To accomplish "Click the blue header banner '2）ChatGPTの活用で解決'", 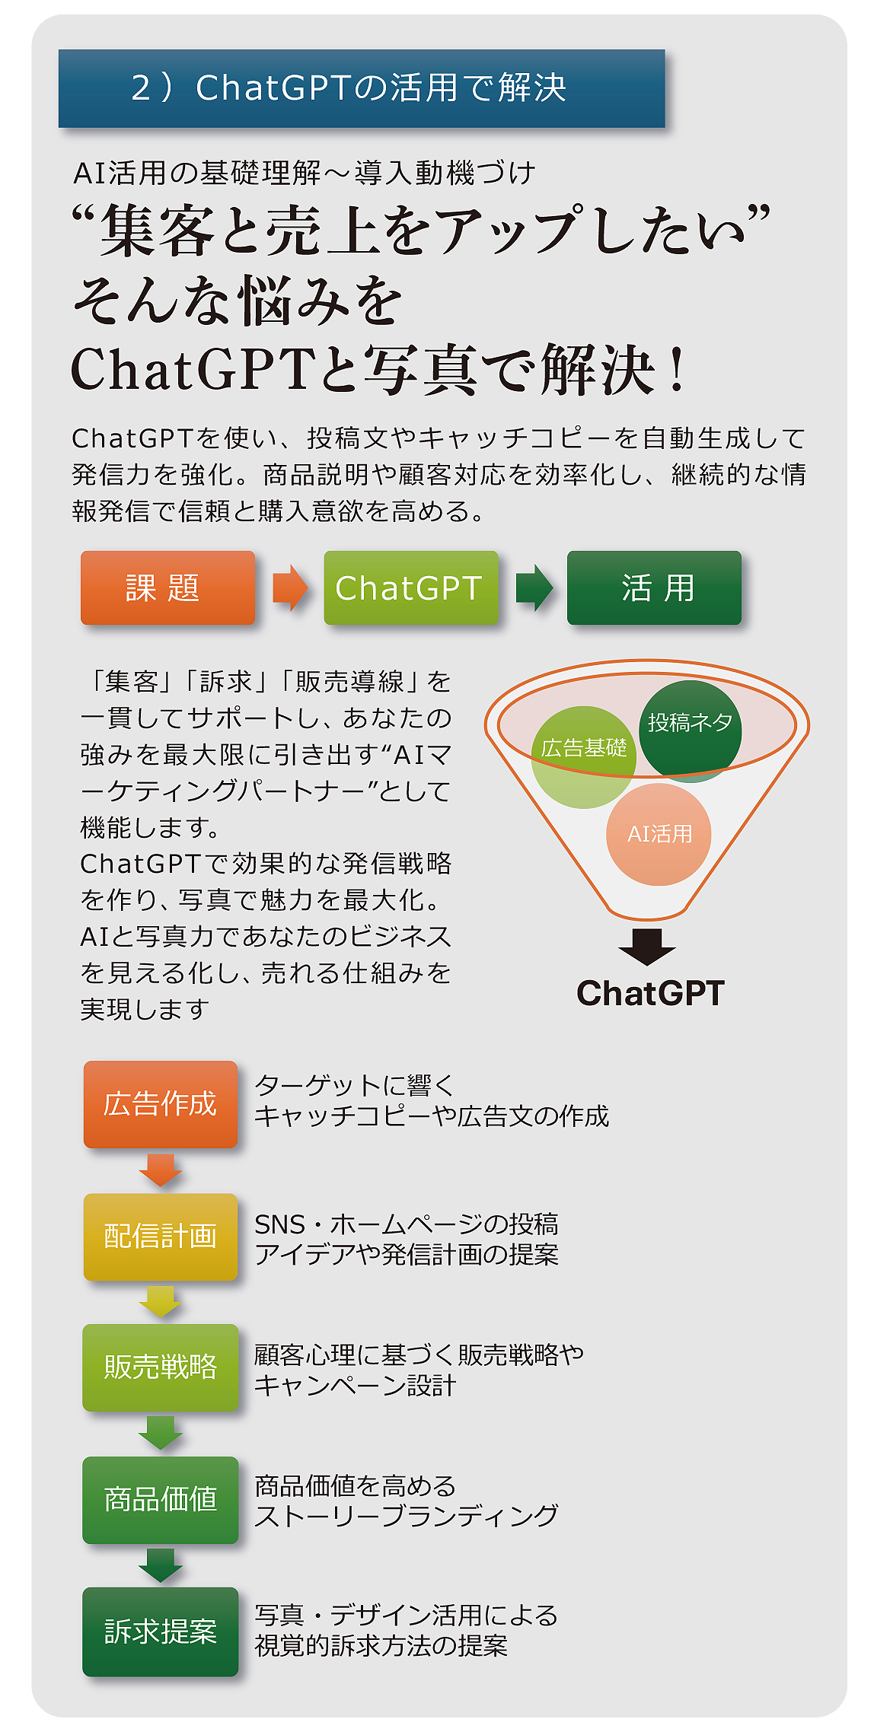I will (362, 88).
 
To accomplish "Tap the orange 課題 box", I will (167, 588).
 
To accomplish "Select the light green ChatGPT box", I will (410, 588).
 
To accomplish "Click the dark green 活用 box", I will (654, 588).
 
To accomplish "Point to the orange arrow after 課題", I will (290, 588).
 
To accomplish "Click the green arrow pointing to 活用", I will (534, 588).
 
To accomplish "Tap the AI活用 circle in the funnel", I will (659, 835).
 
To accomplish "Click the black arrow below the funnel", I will (647, 946).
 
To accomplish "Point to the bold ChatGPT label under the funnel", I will (650, 993).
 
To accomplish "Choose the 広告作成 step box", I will (161, 1104).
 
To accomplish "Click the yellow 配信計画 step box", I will (161, 1237).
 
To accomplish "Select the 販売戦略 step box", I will (161, 1367).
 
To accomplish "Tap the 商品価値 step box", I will (161, 1500).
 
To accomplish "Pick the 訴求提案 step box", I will (161, 1632).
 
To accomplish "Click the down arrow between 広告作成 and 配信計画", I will (161, 1170).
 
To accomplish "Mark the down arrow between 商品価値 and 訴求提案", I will (161, 1565).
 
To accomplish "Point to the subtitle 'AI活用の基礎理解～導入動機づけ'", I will (305, 173).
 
